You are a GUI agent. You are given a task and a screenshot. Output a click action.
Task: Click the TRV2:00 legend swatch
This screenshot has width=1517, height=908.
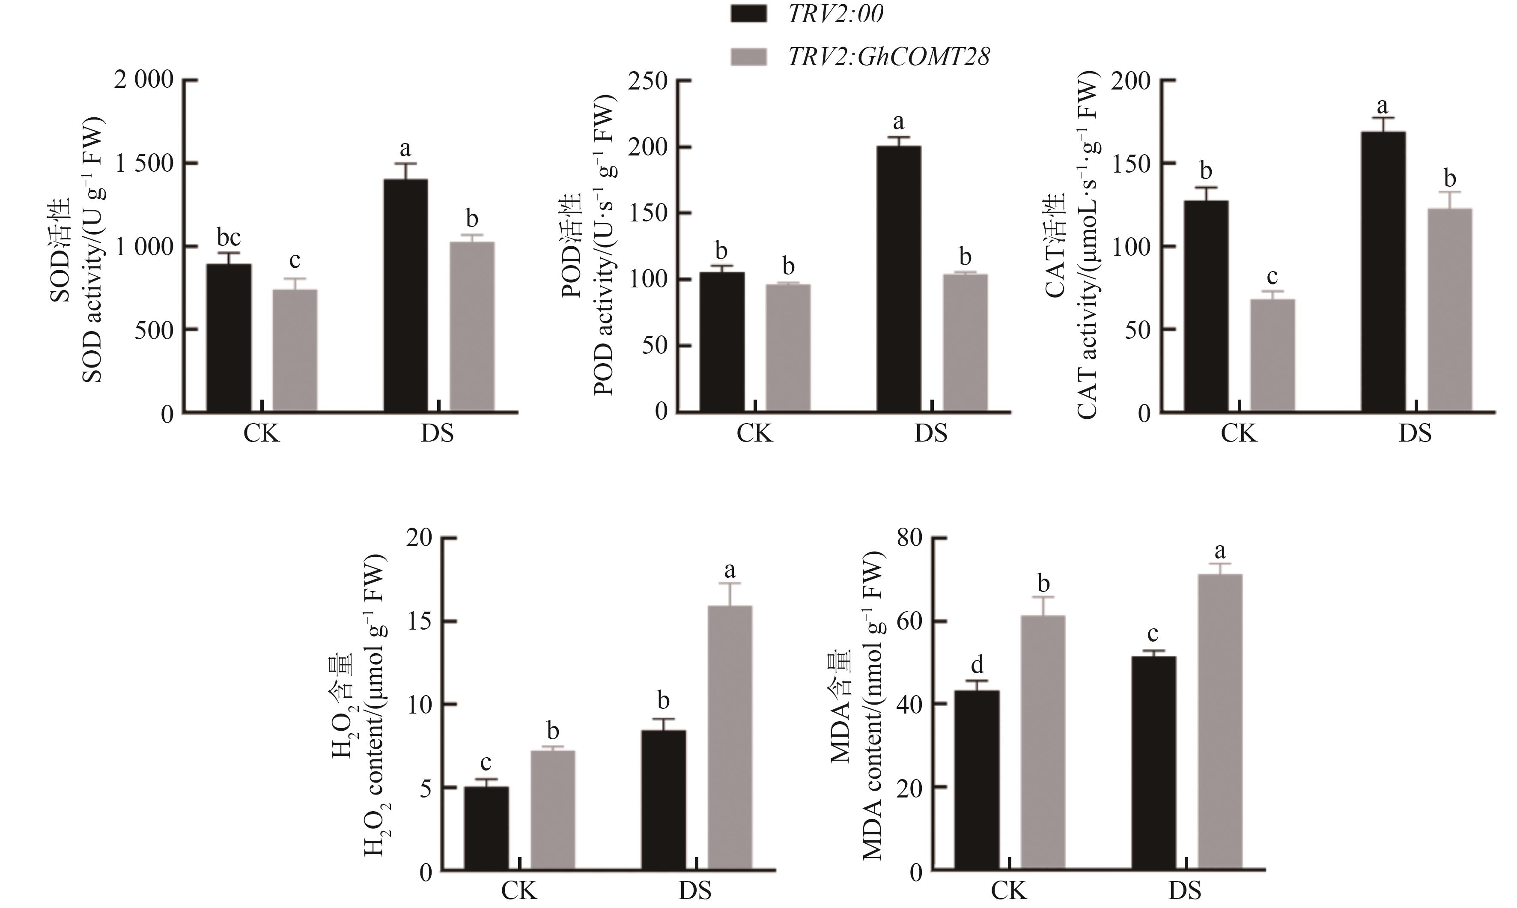tap(748, 13)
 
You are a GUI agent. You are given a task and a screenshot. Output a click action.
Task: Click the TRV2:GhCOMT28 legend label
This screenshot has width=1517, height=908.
tap(888, 57)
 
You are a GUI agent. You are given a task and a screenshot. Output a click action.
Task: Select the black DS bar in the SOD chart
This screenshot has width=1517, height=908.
tap(405, 295)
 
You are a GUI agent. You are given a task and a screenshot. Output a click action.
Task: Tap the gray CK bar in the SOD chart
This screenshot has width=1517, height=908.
tap(295, 350)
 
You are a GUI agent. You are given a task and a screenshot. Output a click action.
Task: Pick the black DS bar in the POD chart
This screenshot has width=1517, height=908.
tap(899, 278)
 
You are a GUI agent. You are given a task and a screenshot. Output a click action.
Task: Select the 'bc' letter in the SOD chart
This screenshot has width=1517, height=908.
tap(229, 237)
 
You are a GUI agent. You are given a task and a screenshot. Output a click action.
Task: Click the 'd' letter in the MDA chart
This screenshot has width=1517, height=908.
tap(977, 664)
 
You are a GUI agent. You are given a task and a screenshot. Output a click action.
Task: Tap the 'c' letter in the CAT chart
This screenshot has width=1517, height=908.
tap(1273, 277)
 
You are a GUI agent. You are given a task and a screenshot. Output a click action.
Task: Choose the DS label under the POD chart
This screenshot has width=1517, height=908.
tap(931, 433)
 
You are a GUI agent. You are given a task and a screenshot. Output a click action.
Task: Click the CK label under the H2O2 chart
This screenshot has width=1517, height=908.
tap(519, 891)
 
